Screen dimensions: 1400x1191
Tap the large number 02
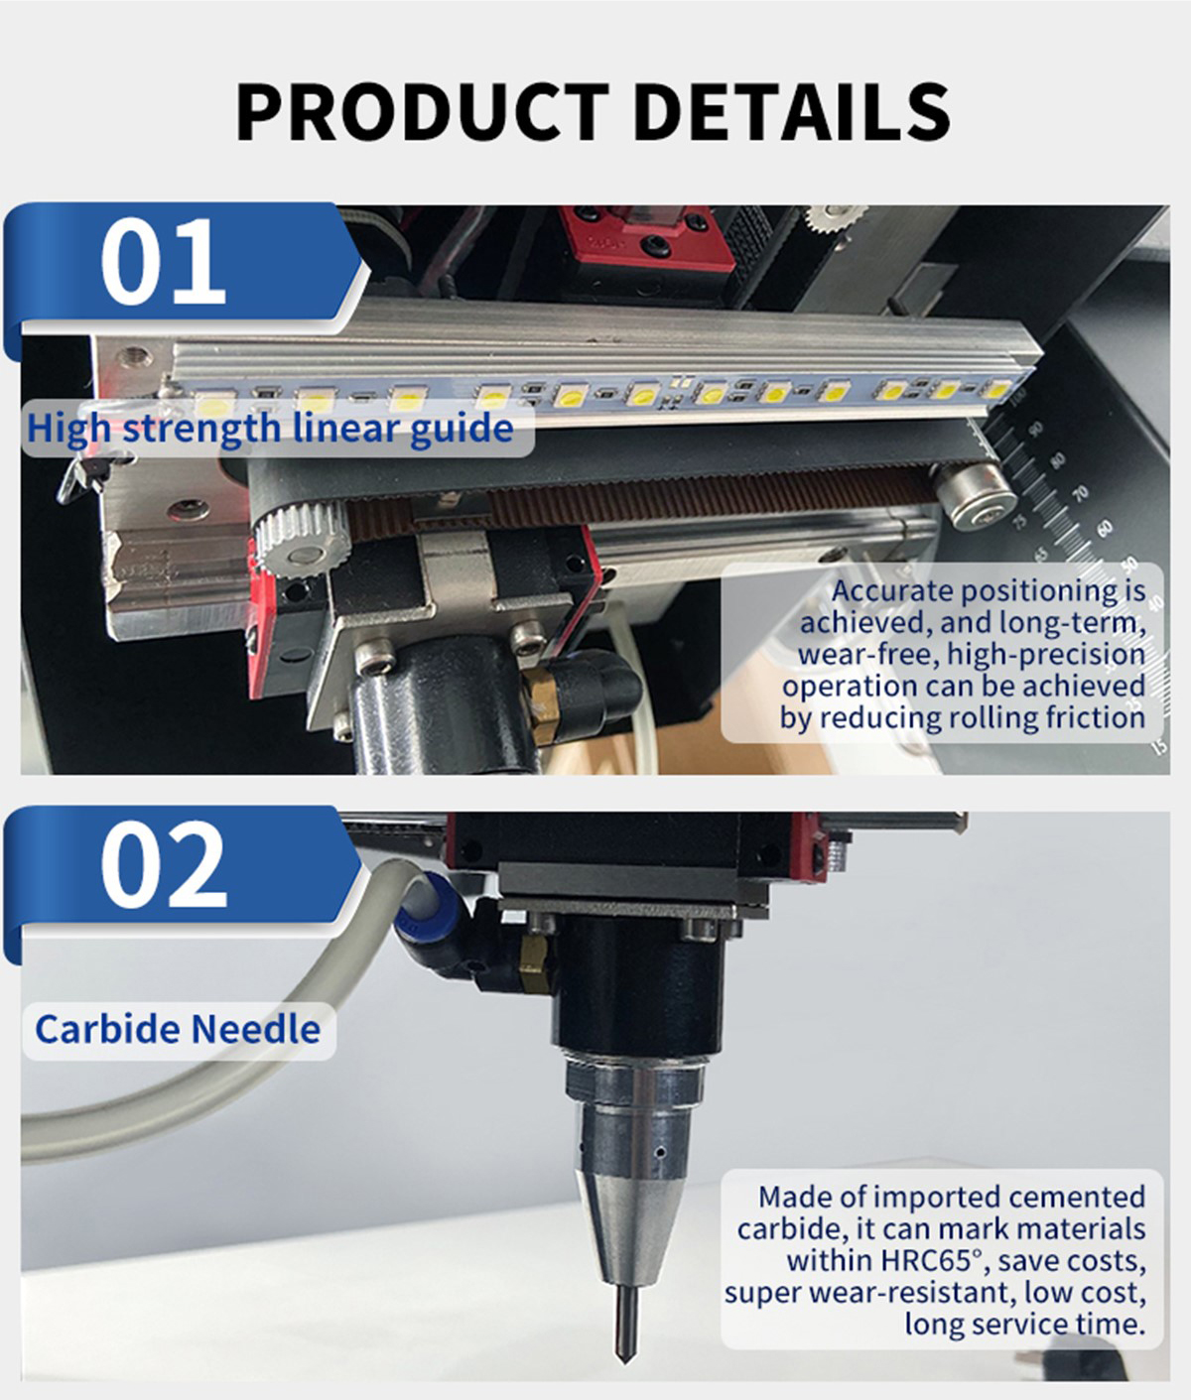(x=164, y=864)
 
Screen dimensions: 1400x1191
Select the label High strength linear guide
(x=270, y=429)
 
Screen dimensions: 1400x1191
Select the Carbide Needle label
(x=178, y=1029)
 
